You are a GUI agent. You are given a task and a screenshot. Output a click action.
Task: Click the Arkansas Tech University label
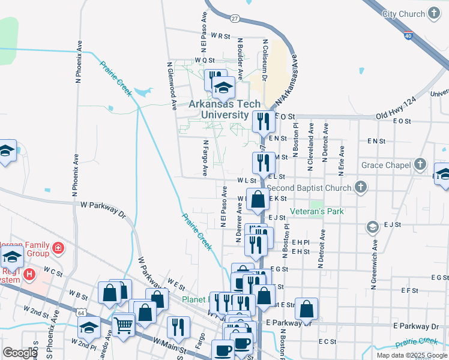click(218, 109)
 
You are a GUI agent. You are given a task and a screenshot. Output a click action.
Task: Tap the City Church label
click(403, 13)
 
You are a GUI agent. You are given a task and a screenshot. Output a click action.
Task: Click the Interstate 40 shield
click(408, 36)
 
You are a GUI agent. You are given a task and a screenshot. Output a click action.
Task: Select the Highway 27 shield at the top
click(234, 19)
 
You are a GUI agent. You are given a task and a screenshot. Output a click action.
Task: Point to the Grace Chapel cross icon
click(420, 164)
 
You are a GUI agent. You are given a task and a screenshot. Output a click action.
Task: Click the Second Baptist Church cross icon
click(360, 187)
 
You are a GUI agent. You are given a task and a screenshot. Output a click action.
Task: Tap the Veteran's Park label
click(316, 211)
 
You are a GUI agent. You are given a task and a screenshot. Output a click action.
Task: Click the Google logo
click(20, 352)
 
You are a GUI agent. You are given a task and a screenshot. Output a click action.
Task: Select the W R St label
click(221, 36)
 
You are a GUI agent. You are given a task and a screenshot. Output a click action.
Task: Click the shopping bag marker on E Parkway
click(306, 308)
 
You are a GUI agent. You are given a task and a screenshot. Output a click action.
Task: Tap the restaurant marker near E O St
click(263, 122)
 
